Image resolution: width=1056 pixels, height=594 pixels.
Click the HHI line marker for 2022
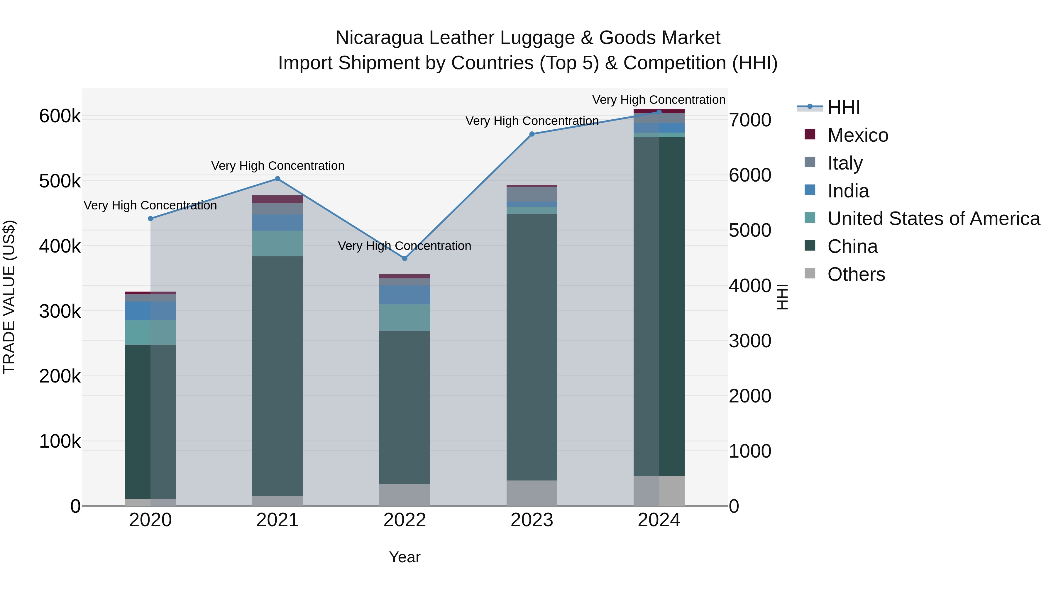[x=405, y=258]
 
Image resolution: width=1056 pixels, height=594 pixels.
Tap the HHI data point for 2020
[x=150, y=219]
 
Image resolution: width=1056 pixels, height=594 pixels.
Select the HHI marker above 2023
[x=532, y=134]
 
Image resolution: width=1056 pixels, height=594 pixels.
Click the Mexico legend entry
[x=858, y=135]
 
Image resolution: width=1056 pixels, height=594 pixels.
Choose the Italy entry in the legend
[x=845, y=163]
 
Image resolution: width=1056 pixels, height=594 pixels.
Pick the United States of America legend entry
[x=933, y=219]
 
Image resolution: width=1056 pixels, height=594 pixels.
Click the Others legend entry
[x=856, y=274]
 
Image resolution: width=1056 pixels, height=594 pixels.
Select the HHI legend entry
[x=844, y=107]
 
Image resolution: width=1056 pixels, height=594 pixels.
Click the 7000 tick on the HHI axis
[x=750, y=121]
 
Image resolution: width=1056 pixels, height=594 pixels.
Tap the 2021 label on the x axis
[x=277, y=520]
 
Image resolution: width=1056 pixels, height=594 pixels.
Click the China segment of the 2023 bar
[x=532, y=346]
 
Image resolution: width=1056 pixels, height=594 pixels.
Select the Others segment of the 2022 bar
[x=405, y=495]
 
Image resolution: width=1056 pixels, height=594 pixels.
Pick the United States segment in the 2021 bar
[x=277, y=243]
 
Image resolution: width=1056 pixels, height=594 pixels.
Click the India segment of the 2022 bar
[x=405, y=294]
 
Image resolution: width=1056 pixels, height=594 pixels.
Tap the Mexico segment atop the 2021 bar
[x=277, y=199]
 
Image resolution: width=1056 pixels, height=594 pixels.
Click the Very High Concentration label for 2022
[x=404, y=246]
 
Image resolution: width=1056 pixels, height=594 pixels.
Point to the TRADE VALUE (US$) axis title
[x=9, y=297]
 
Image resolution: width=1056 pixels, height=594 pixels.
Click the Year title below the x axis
[x=405, y=557]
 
